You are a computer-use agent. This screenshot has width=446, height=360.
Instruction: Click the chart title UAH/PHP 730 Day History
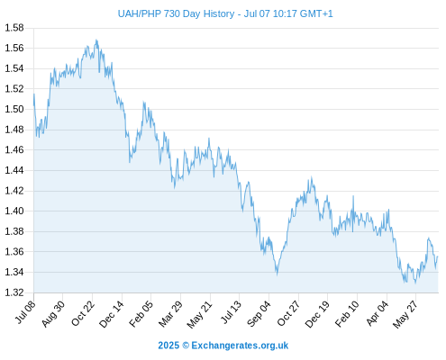[x=176, y=13]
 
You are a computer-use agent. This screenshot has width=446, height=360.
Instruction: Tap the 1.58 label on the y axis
[x=14, y=28]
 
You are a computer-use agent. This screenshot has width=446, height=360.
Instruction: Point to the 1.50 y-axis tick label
[x=14, y=109]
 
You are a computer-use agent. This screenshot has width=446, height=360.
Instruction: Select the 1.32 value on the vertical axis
[x=14, y=292]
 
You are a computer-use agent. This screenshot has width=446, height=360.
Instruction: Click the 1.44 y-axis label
[x=14, y=170]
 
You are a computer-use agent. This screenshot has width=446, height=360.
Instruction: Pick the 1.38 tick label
[x=14, y=231]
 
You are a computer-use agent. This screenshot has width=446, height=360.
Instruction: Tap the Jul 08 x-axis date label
[x=26, y=312]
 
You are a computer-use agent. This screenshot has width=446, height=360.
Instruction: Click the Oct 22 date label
[x=83, y=313]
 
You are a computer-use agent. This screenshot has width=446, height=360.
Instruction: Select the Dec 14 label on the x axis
[x=112, y=314]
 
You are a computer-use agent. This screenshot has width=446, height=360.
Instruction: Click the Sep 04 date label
[x=259, y=314]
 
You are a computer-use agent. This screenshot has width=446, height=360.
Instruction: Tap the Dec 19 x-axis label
[x=317, y=314]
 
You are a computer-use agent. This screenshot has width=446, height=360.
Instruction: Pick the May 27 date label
[x=405, y=314]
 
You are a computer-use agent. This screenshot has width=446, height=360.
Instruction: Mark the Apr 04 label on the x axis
[x=378, y=313]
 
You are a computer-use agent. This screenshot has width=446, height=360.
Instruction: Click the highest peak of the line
[x=96, y=40]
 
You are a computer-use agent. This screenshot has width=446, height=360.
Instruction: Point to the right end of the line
[x=438, y=256]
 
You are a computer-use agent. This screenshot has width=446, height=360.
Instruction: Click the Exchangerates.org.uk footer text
[x=240, y=346]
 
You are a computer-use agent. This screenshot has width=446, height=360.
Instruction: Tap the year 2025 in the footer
[x=168, y=346]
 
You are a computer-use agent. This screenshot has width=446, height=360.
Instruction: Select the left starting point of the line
[x=34, y=94]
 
